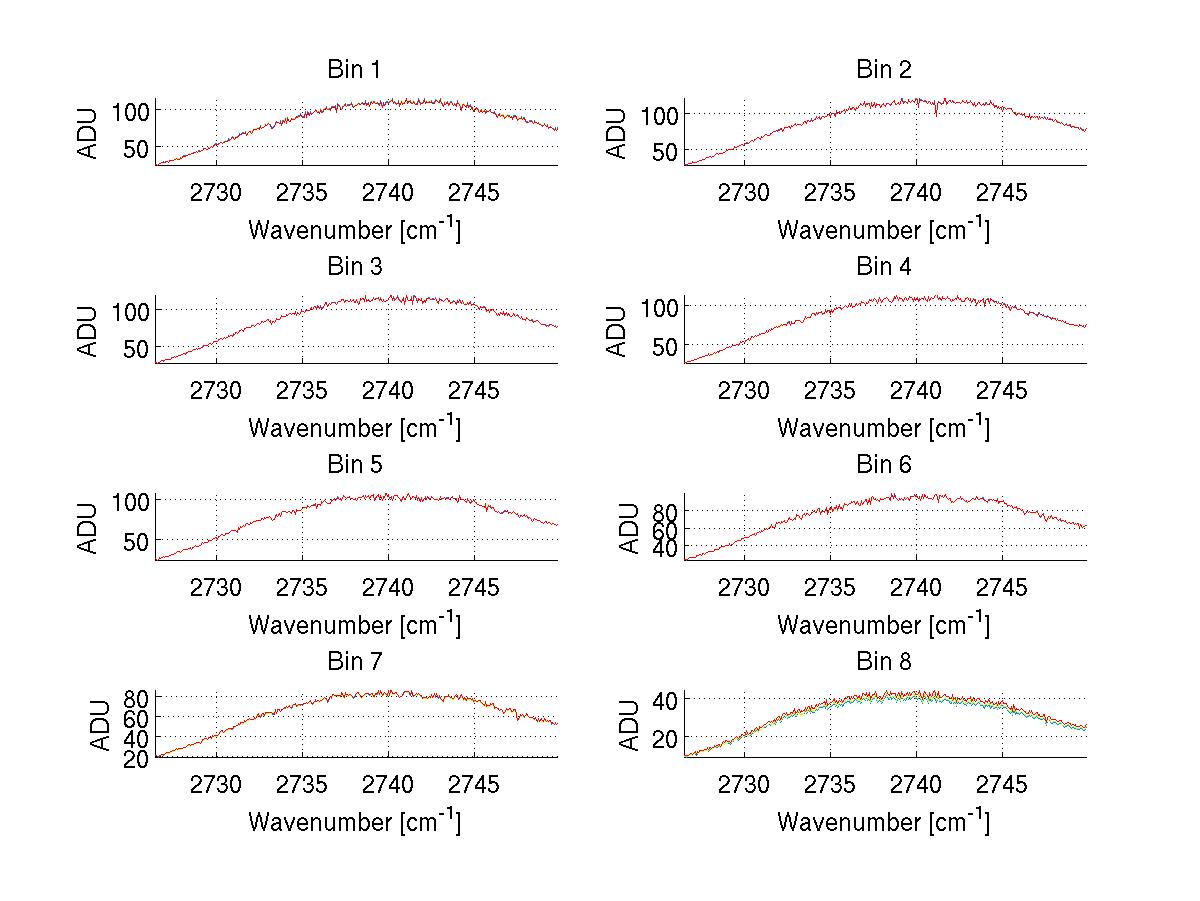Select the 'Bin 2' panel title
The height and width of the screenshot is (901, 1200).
pos(884,70)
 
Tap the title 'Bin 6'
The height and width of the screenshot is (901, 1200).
pos(884,465)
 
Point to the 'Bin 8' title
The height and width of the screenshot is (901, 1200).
pos(884,662)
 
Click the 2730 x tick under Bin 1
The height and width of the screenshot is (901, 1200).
pos(216,192)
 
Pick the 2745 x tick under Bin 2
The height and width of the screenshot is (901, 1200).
pos(1002,192)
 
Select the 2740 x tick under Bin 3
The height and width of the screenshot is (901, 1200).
pos(388,390)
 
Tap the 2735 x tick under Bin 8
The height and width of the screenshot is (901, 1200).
pos(830,785)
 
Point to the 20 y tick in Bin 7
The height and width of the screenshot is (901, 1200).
pos(137,759)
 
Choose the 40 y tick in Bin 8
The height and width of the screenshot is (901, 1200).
pos(665,699)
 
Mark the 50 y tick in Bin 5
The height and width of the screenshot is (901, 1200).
pos(137,540)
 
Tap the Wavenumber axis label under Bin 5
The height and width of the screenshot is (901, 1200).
pos(354,625)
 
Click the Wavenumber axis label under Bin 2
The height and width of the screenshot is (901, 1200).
pos(883,230)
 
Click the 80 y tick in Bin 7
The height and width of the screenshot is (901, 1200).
pos(137,697)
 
